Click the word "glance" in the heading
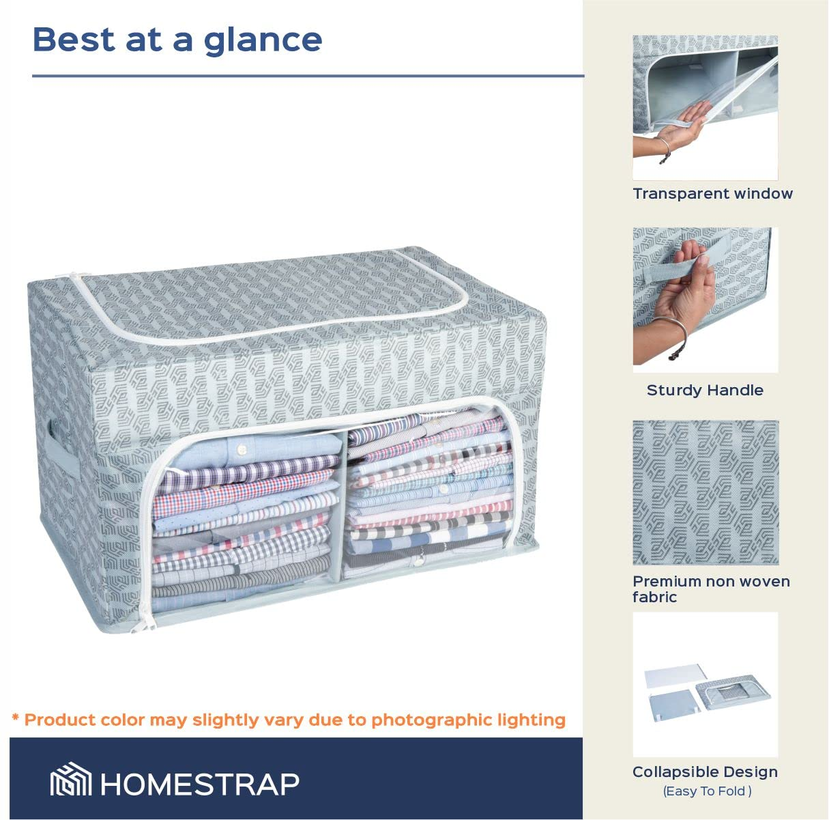tap(263, 40)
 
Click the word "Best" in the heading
tap(74, 39)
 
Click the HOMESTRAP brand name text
tap(200, 784)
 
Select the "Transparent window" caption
tap(712, 194)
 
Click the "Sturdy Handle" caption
tap(705, 391)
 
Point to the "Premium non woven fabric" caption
tap(710, 589)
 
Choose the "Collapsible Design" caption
tap(705, 772)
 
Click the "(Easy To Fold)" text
tap(707, 791)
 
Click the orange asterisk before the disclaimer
tap(15, 718)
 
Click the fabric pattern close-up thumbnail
tap(706, 492)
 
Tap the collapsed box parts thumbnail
tap(706, 685)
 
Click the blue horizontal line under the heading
tap(308, 76)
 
